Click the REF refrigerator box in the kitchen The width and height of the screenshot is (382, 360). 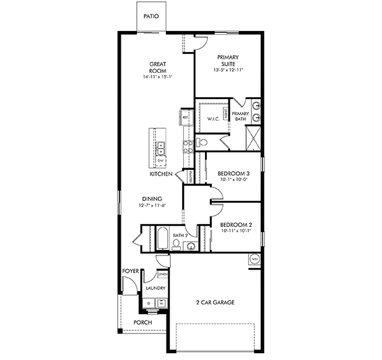click(185, 116)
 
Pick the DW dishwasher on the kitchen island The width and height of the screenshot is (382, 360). click(160, 161)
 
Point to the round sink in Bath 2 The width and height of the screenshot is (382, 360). click(191, 247)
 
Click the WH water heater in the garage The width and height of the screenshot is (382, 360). click(254, 259)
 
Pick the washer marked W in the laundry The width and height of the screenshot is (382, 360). click(162, 303)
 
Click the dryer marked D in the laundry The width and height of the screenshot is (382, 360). click(149, 303)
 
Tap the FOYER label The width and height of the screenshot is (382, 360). click(129, 270)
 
